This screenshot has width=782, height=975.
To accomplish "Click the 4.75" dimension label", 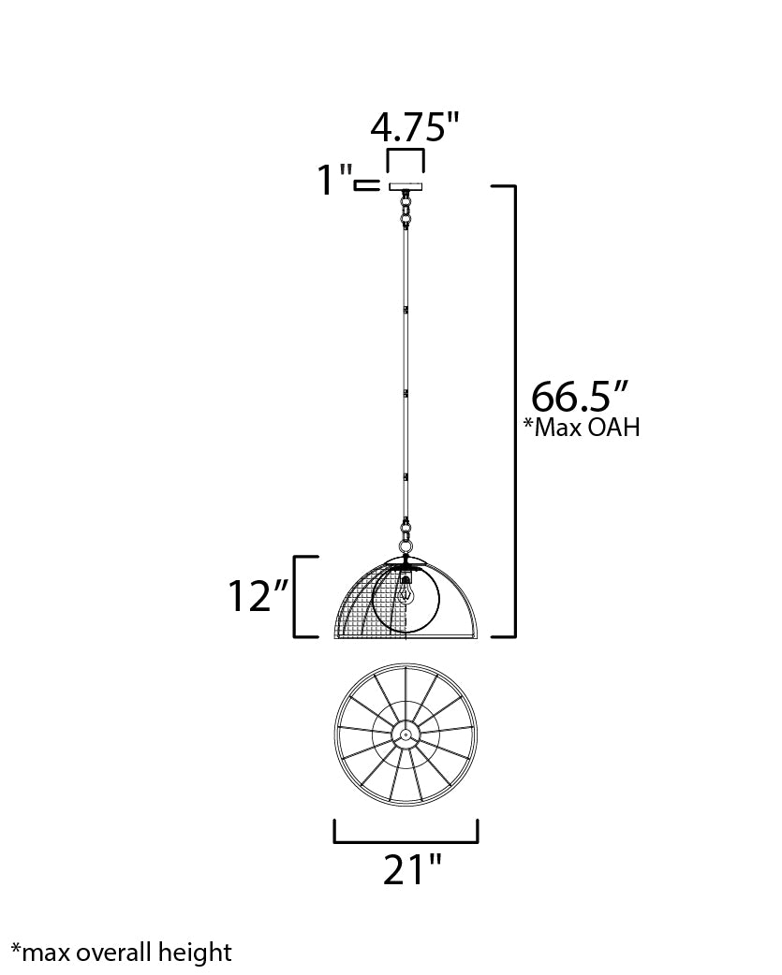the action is click(x=414, y=127).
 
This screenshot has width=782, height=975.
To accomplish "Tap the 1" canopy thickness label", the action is click(x=334, y=180).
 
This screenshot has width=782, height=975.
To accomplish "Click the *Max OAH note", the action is click(x=581, y=428).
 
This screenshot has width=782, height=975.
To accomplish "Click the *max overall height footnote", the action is click(x=122, y=953).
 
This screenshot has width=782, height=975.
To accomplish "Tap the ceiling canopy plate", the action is click(x=406, y=186).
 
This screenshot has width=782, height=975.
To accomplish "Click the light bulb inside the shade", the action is click(x=406, y=589).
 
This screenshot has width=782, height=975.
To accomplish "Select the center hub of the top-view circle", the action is click(x=406, y=735).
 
